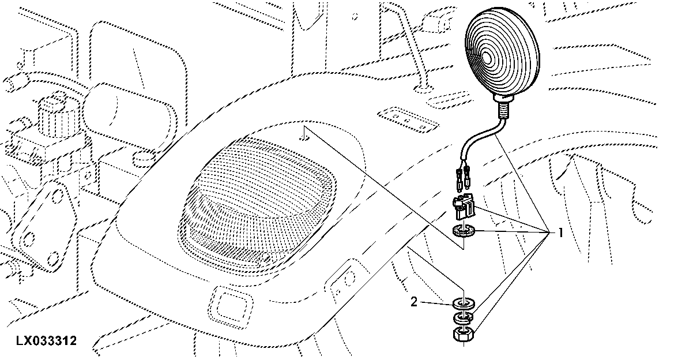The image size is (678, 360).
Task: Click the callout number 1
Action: (x=560, y=233)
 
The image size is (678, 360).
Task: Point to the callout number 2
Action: (x=414, y=302)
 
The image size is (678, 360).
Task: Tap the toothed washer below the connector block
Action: (x=464, y=231)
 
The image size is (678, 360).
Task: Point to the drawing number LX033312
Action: (x=46, y=341)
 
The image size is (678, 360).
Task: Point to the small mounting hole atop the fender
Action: (x=306, y=137)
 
